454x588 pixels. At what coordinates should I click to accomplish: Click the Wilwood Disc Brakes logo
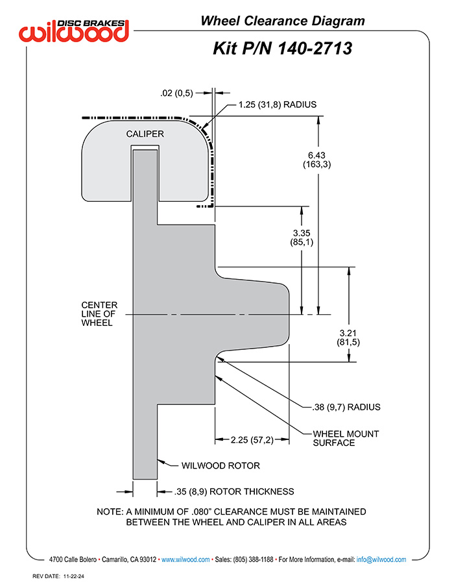coord(74,30)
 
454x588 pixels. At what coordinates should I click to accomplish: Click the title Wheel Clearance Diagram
coord(283,21)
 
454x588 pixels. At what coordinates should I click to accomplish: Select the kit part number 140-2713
coord(315,49)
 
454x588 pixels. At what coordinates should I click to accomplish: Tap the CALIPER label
coord(145,134)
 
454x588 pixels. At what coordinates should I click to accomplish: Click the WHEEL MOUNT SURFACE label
coord(346,438)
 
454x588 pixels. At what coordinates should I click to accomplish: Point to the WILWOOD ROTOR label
coord(221,466)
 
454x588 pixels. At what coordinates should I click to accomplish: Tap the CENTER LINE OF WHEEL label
coord(99,314)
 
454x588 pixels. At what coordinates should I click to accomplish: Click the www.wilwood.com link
coord(185,559)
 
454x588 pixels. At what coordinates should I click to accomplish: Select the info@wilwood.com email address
coord(381,559)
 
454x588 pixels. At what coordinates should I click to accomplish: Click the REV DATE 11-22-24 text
coord(58,576)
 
